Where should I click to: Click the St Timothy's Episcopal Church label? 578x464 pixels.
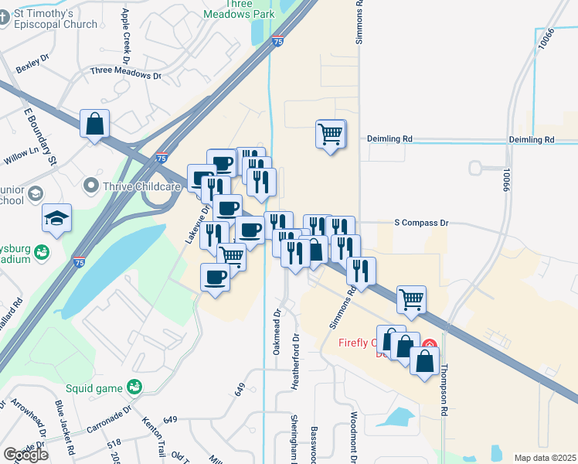53,19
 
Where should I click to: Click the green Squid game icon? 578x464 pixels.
134,385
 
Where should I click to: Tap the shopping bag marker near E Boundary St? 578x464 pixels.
94,124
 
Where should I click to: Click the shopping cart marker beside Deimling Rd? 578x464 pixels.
330,134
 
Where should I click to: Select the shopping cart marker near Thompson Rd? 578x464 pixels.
412,299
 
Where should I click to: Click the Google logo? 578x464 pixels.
25,455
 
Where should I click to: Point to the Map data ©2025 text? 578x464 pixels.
546,458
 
